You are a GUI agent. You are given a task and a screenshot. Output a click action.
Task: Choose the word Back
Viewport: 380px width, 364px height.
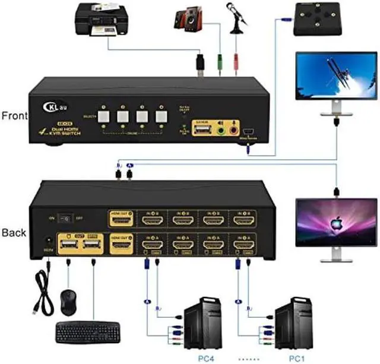(x=14, y=232)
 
